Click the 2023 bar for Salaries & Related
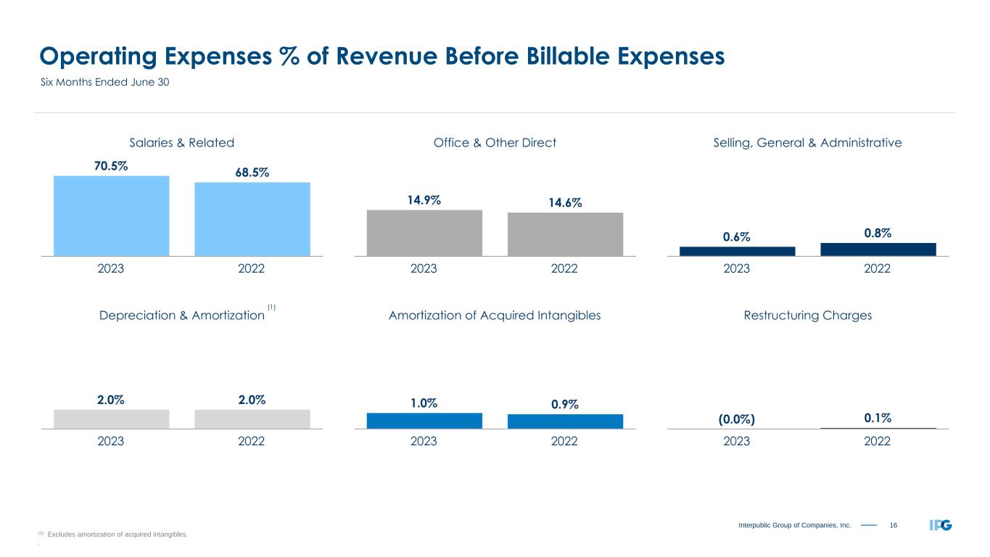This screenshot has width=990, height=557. [111, 215]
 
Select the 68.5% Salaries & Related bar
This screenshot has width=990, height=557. [252, 218]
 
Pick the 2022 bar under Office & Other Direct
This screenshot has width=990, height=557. [565, 234]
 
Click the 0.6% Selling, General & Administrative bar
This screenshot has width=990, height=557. [737, 251]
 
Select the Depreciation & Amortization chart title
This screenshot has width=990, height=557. [181, 315]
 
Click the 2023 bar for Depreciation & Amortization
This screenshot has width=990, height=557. [111, 419]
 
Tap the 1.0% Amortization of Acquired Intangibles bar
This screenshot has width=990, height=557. [424, 421]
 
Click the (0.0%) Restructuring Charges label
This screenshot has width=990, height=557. [737, 419]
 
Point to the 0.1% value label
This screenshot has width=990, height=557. [878, 418]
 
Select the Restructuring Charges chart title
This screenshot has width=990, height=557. [807, 315]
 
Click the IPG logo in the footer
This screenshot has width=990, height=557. [941, 524]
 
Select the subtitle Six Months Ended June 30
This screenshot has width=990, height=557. [104, 83]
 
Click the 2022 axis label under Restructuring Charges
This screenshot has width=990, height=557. [878, 441]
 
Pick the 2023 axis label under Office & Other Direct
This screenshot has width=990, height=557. [424, 268]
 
